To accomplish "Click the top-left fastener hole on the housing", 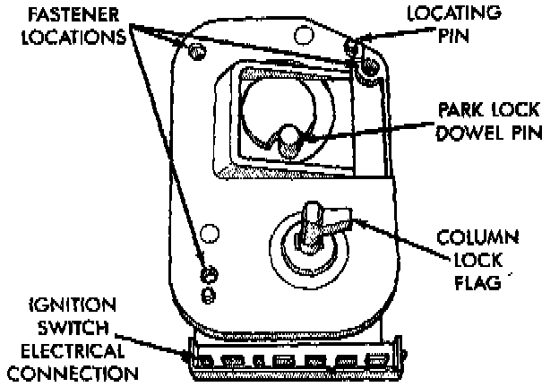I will pos(191,47).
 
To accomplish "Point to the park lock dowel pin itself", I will pos(288,141).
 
